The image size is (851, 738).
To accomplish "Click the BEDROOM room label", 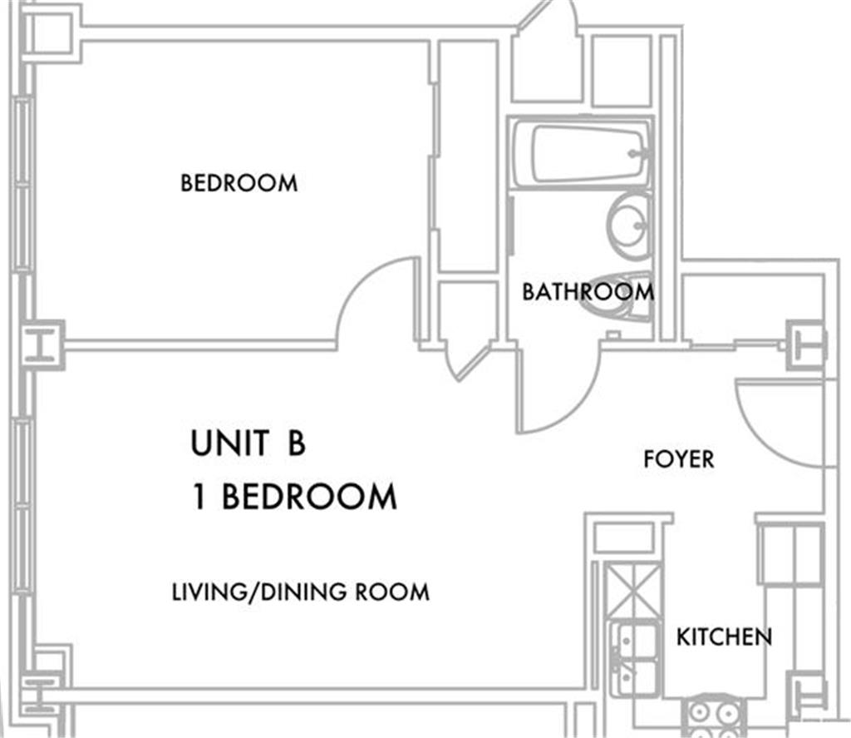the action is pyautogui.click(x=239, y=183).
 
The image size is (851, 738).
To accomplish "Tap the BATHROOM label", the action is pyautogui.click(x=588, y=292).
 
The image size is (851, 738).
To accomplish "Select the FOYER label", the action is pyautogui.click(x=678, y=459).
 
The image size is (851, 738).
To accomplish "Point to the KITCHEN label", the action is pyautogui.click(x=724, y=637).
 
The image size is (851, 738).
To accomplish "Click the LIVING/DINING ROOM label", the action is pyautogui.click(x=300, y=592).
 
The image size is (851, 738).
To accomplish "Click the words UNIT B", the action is pyautogui.click(x=248, y=443).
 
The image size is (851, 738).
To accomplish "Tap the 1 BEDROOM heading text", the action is pyautogui.click(x=295, y=497).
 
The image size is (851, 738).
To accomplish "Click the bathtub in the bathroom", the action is pyautogui.click(x=583, y=153).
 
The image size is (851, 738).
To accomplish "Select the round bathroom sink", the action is pyautogui.click(x=628, y=225).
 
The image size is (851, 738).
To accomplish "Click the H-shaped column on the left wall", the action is pyautogui.click(x=42, y=344).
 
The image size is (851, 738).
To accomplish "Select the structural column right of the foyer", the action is pyautogui.click(x=806, y=344).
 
